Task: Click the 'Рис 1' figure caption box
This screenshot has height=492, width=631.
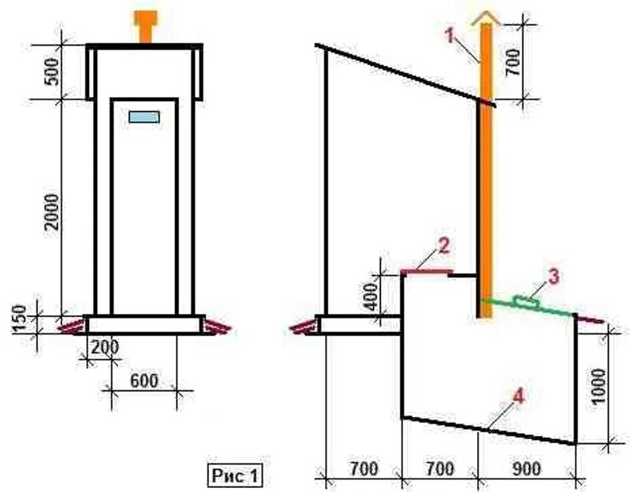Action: pyautogui.click(x=233, y=475)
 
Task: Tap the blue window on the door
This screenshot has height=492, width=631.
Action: pyautogui.click(x=144, y=117)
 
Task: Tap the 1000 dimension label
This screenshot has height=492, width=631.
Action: pyautogui.click(x=601, y=386)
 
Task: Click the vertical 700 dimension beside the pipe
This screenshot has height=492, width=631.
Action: pyautogui.click(x=514, y=57)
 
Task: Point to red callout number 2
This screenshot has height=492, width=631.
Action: pyautogui.click(x=444, y=245)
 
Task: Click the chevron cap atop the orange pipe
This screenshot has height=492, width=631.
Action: pyautogui.click(x=486, y=18)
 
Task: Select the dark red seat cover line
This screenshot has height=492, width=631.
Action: pyautogui.click(x=426, y=271)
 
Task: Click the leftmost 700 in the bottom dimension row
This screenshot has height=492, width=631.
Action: pyautogui.click(x=362, y=467)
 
